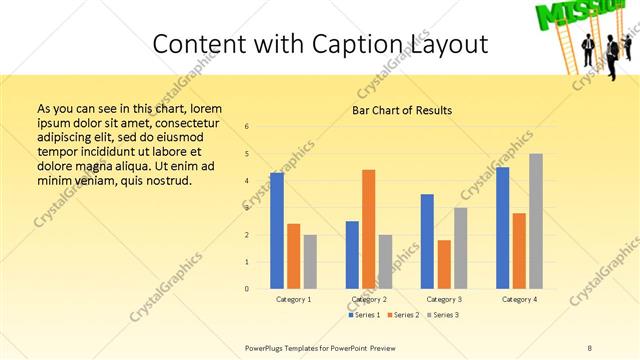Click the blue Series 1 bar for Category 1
(277, 231)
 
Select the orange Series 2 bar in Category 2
(368, 229)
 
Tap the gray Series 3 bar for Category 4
(536, 221)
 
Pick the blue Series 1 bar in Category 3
(427, 241)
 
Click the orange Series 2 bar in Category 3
(444, 264)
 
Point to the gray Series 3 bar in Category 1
(310, 262)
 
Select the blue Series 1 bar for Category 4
(503, 228)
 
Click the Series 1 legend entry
(363, 315)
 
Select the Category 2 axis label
(369, 299)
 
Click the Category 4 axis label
(519, 299)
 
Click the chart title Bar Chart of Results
(402, 110)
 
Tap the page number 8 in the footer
(590, 347)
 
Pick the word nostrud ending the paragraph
(163, 181)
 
